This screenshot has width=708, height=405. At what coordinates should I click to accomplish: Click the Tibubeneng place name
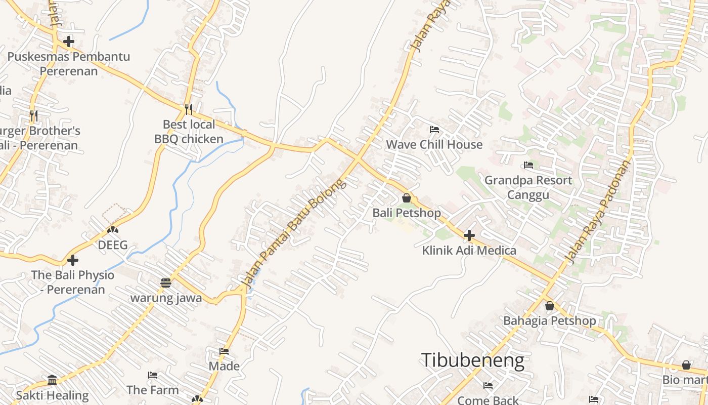point(472,360)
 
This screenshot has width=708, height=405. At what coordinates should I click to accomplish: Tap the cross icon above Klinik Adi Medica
point(469,235)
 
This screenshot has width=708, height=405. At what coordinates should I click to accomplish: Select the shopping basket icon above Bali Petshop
point(407,198)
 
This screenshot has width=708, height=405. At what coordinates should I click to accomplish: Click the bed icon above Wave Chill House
point(434,130)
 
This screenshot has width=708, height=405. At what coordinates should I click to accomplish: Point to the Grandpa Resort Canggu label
point(528,187)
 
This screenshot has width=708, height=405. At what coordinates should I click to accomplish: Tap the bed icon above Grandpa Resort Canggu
point(528,165)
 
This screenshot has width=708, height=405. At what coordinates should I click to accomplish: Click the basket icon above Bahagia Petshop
point(550,306)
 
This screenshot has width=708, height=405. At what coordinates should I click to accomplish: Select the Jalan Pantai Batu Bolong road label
point(295,233)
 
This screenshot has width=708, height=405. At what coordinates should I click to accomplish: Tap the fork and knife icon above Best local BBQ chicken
point(189,109)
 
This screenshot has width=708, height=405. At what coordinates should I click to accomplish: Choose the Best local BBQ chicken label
point(189,132)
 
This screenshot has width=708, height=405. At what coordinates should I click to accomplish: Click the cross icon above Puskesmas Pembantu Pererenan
point(69,42)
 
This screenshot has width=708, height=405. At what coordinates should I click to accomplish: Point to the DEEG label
point(113,246)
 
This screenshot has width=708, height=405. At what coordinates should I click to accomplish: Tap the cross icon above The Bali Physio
point(73,260)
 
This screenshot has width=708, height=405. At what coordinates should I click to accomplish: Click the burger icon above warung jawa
point(166,282)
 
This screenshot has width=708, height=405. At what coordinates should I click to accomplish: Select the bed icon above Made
point(224,351)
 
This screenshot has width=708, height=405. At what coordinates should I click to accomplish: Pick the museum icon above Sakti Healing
point(52,380)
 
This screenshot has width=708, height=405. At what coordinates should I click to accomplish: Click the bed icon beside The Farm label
point(153,375)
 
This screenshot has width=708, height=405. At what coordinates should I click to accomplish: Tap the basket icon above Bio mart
point(686,365)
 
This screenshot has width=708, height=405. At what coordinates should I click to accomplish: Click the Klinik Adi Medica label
point(469,251)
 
